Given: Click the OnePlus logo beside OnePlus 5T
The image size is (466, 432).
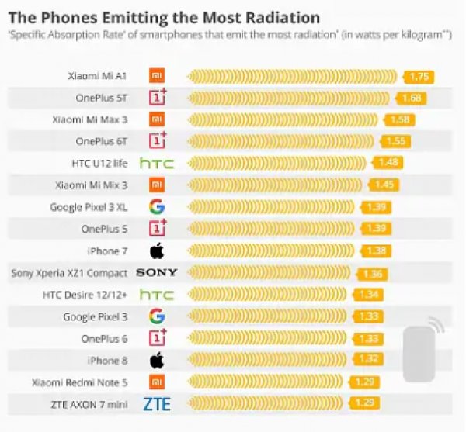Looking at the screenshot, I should tap(158, 98).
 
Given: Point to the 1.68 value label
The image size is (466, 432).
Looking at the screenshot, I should tap(412, 98).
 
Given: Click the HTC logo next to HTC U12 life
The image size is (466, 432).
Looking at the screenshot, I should tap(157, 163).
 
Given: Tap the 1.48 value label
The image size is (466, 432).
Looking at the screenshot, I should tap(388, 163).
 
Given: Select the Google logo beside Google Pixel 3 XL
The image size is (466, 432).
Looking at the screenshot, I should tap(157, 207).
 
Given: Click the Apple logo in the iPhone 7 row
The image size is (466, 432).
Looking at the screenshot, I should tap(157, 251).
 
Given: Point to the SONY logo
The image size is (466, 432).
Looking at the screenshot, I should tap(157, 273).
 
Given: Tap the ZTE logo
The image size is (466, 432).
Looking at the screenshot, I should tap(157, 404).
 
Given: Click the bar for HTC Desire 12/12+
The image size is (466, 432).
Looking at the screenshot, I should tap(269, 295).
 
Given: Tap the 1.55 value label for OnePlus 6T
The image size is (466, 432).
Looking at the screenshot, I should tap(396, 141).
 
